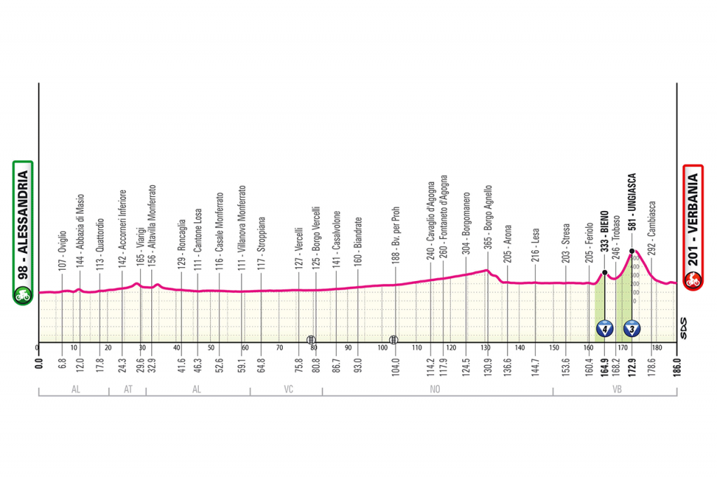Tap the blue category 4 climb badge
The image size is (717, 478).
(x=604, y=328)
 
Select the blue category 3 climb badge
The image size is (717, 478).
(x=632, y=328)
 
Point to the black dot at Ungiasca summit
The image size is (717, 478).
(x=632, y=251)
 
